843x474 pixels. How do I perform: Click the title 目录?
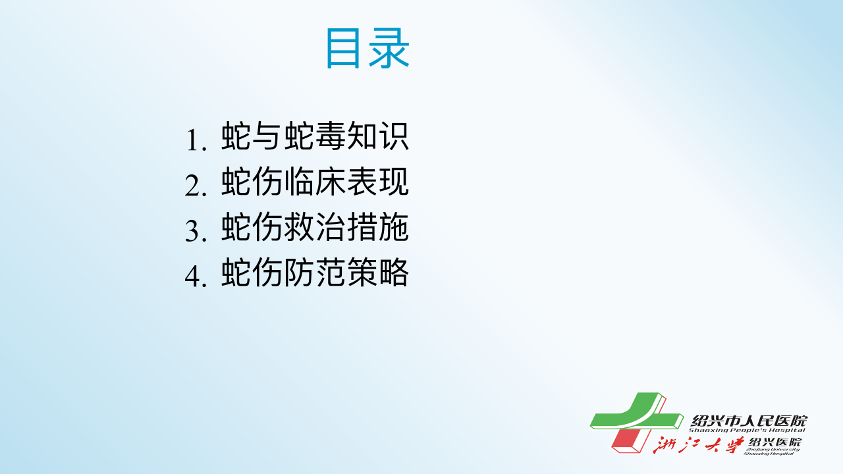click(x=367, y=49)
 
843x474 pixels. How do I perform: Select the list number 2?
click(x=196, y=185)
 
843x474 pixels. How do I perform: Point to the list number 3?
click(x=196, y=230)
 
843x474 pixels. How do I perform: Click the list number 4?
click(x=196, y=276)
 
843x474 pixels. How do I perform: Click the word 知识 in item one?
click(x=378, y=136)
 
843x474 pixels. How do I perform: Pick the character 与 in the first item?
click(x=268, y=136)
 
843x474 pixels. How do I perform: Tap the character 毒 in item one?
click(x=331, y=136)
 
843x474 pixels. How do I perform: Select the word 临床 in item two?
click(x=315, y=182)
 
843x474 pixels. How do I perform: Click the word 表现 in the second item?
click(x=378, y=182)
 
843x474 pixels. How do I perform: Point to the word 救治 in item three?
click(x=315, y=227)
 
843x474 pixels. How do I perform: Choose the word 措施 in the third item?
click(x=378, y=227)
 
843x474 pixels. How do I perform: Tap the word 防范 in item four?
click(x=315, y=272)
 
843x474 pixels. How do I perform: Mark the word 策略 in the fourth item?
click(x=378, y=272)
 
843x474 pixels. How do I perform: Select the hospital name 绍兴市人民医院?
click(x=749, y=421)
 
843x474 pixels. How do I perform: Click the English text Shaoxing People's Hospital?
click(x=747, y=431)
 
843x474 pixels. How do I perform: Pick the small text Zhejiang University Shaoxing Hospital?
click(x=771, y=452)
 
